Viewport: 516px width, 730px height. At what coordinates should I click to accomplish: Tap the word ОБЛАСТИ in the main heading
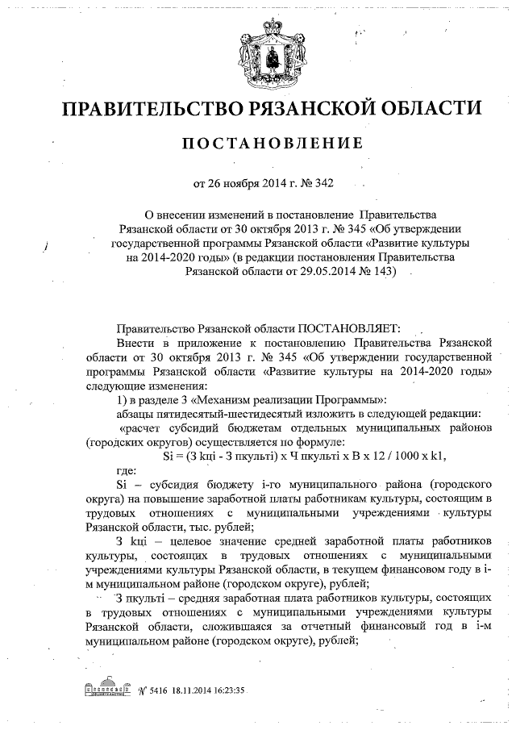[x=419, y=108]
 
